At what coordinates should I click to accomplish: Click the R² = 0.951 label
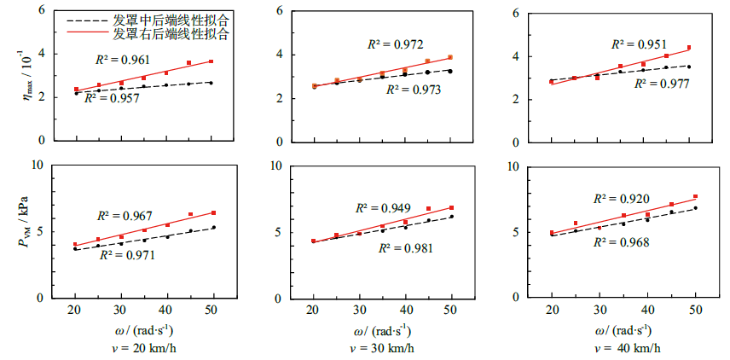click(x=640, y=44)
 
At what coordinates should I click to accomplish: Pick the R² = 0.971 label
click(x=129, y=255)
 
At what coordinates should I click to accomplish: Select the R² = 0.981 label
click(x=405, y=248)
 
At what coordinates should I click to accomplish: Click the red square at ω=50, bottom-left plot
click(x=213, y=212)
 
